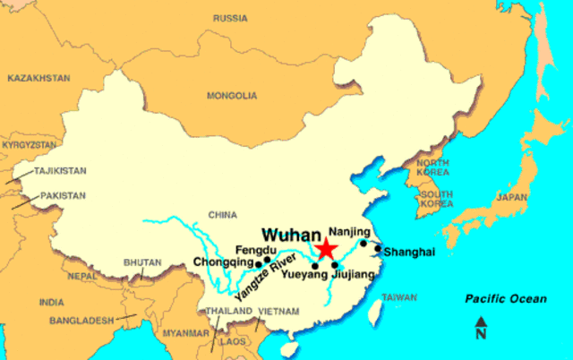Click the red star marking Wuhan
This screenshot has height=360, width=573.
click(327, 248)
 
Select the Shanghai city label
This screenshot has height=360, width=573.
click(409, 253)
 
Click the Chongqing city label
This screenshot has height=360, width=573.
click(223, 262)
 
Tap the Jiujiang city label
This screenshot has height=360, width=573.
click(351, 275)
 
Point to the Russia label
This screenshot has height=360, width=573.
click(230, 18)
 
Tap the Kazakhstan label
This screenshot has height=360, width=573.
click(38, 78)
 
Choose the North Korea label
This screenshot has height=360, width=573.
click(432, 167)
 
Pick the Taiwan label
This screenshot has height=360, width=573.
click(399, 297)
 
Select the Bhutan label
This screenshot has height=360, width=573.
click(144, 262)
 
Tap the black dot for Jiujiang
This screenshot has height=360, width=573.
click(335, 264)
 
